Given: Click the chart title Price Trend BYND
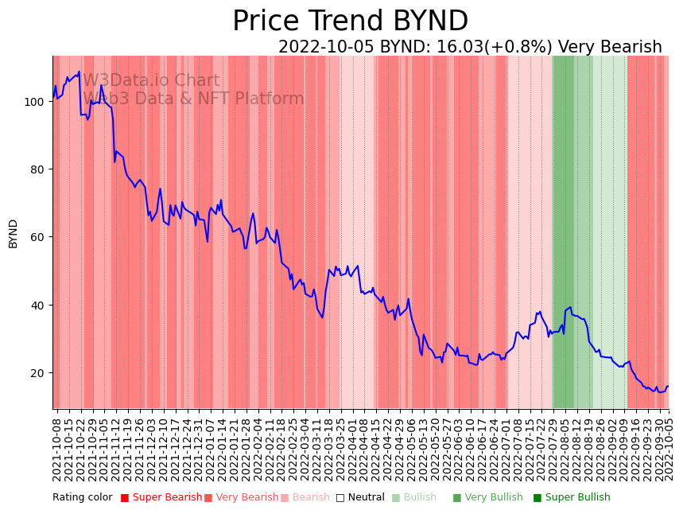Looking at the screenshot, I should [350, 21].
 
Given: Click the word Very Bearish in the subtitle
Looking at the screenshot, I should [610, 47].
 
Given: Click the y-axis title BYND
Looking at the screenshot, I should [13, 233].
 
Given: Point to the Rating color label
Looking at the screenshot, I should [83, 498].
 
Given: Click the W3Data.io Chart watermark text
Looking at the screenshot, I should [151, 80].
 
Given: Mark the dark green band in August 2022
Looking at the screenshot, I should [563, 231].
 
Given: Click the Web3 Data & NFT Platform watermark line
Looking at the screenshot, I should [193, 99].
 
